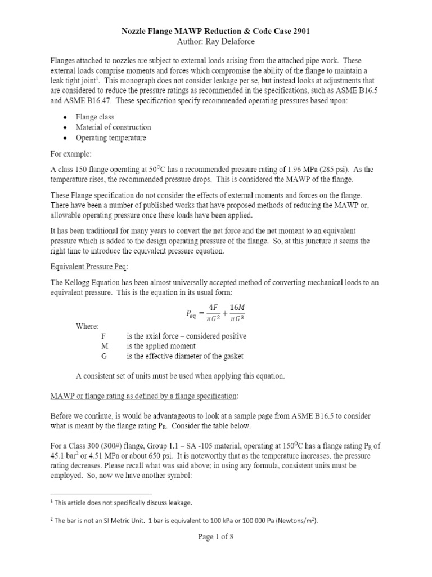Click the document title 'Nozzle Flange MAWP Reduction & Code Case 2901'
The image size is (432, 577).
pyautogui.click(x=216, y=32)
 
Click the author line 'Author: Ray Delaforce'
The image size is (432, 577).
pyautogui.click(x=216, y=43)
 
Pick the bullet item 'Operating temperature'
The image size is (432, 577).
pyautogui.click(x=120, y=138)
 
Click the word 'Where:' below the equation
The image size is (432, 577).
pyautogui.click(x=87, y=326)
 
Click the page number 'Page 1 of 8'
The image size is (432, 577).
pyautogui.click(x=216, y=537)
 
